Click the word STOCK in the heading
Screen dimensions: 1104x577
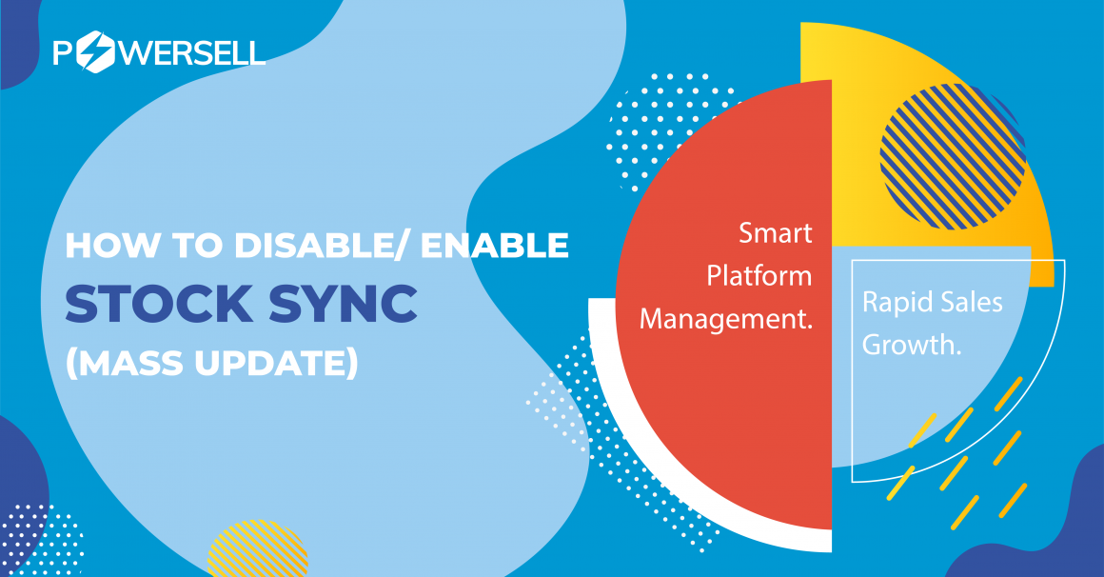159,304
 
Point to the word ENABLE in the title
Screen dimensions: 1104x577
495,245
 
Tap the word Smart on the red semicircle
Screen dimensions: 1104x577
776,233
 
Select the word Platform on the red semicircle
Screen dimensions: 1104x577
759,275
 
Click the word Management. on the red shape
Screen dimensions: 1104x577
726,319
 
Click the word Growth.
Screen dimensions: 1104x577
912,346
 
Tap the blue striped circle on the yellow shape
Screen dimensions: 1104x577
952,156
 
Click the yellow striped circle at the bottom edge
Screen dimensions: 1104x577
258,548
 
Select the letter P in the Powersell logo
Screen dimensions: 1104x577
64,53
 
